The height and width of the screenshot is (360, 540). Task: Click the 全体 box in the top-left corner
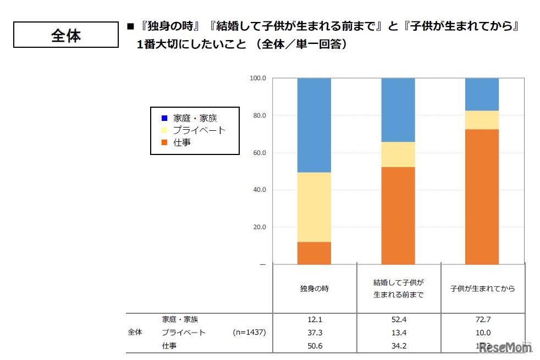tap(65, 35)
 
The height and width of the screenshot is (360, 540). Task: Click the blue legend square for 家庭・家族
tap(164, 118)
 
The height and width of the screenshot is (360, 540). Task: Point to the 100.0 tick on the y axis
tap(258, 79)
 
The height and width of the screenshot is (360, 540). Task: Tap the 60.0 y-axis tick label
tap(259, 153)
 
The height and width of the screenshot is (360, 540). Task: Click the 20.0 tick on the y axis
tap(259, 227)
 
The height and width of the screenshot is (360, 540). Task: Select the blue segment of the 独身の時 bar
tap(314, 125)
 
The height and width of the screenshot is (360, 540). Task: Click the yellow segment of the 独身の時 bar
tap(314, 207)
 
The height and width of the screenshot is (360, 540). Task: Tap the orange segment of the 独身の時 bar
tap(314, 253)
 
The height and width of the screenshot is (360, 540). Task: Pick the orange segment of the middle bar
tap(398, 215)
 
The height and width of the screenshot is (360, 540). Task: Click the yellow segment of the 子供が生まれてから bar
tap(482, 120)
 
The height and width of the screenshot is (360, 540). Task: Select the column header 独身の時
tap(315, 289)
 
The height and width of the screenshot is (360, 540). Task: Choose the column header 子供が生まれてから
tap(482, 289)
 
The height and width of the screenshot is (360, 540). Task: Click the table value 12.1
tap(315, 319)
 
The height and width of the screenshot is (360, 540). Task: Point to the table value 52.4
tap(398, 319)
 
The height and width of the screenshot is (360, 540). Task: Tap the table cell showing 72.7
tap(482, 319)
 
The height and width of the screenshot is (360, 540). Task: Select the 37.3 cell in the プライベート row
tap(315, 333)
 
